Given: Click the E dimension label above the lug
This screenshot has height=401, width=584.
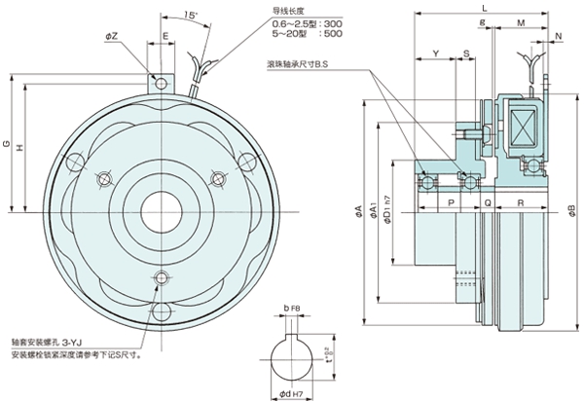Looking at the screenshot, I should [165, 35].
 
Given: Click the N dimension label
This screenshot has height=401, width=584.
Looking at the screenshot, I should [558, 35].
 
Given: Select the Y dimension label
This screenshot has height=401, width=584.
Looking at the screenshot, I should [436, 53].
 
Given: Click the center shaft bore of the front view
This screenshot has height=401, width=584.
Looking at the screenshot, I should [157, 206].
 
